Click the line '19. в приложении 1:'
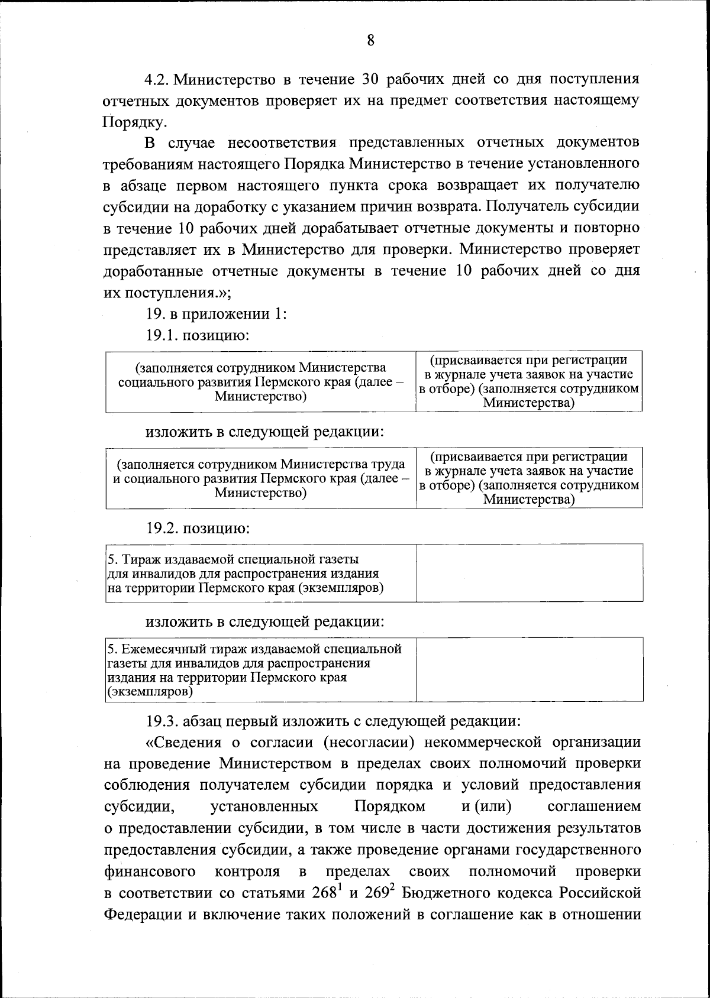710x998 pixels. click(x=217, y=314)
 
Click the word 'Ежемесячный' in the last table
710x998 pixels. click(x=154, y=649)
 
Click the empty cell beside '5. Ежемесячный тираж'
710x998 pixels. click(x=529, y=669)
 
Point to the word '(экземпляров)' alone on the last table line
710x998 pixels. click(x=150, y=692)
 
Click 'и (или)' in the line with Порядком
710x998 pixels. click(x=486, y=807)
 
